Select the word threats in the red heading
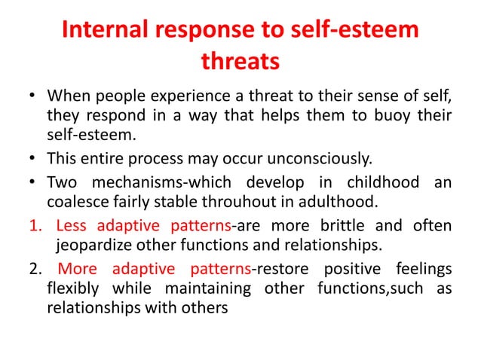pos(240,62)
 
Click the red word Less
pos(72,226)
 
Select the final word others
pos(201,307)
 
